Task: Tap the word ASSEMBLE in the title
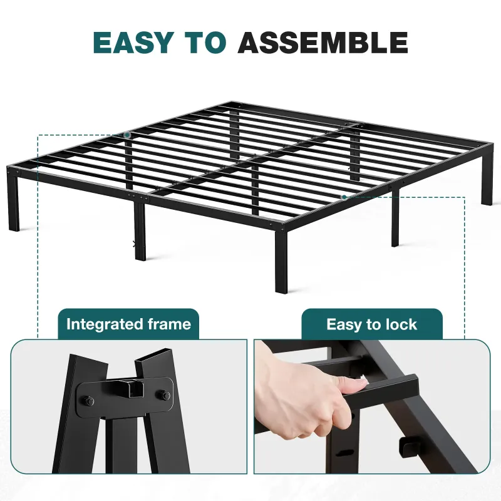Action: (323, 43)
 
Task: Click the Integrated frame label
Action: (128, 324)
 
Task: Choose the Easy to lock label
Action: (371, 324)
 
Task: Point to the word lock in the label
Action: (401, 324)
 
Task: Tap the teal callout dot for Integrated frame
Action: (127, 135)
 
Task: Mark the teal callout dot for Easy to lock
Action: (344, 197)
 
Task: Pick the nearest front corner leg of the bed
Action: (282, 263)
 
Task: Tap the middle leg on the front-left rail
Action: (140, 232)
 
